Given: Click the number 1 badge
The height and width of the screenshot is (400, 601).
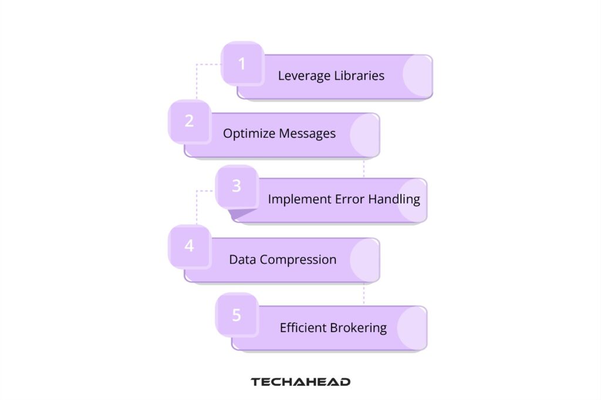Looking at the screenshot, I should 242,63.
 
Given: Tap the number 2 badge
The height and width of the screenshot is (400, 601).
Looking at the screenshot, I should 189,121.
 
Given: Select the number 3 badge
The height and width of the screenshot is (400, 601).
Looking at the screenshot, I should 236,187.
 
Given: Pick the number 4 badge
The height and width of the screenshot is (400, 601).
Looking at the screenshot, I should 189,246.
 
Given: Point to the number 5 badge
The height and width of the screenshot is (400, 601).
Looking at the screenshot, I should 236,315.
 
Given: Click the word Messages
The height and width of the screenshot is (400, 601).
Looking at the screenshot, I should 307,134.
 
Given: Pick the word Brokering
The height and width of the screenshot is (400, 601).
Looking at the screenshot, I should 360,328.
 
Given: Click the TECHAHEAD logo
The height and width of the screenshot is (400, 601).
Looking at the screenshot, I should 300,382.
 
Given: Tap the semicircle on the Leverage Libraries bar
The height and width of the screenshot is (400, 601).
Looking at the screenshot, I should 418,76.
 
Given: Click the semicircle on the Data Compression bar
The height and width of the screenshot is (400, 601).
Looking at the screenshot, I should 365,259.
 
